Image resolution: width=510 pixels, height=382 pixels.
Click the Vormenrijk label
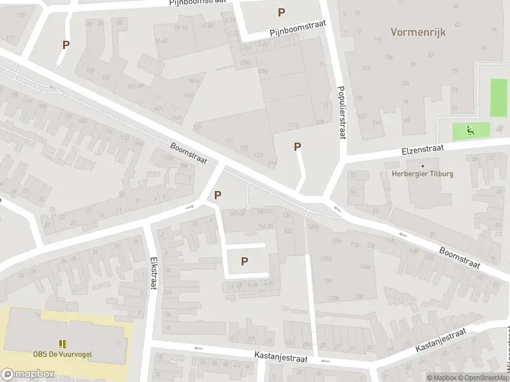(x=418, y=31)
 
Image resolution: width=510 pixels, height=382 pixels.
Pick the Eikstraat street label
(x=153, y=272)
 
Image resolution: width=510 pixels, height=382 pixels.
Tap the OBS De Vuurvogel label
(x=62, y=355)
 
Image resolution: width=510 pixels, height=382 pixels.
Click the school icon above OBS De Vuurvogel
(x=62, y=344)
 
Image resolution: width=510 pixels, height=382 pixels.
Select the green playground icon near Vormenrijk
(x=470, y=132)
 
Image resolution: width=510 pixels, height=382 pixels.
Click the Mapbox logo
(x=28, y=374)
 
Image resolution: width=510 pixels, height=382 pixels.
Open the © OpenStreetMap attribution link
(x=485, y=378)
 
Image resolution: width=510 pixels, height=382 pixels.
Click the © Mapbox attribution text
(x=441, y=378)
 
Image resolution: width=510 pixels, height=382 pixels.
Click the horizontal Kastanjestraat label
(x=280, y=359)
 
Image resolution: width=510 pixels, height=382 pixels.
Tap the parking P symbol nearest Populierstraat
(x=297, y=147)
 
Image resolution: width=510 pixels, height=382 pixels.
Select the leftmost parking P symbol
(x=66, y=45)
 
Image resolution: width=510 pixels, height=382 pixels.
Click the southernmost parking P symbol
(x=244, y=261)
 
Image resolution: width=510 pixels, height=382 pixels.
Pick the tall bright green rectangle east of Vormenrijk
(x=499, y=98)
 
